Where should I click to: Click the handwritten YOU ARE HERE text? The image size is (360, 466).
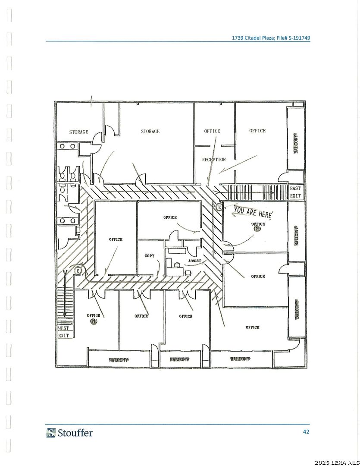(x=253, y=212)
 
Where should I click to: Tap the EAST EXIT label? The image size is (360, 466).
(x=295, y=192)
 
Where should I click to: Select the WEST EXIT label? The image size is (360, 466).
(x=63, y=332)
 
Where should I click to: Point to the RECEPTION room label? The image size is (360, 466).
(x=214, y=160)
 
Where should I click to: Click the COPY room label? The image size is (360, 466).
(x=150, y=256)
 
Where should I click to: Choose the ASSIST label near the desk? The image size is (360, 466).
(x=194, y=261)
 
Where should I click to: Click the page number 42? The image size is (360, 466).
(x=306, y=431)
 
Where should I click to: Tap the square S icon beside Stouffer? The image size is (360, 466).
(x=51, y=432)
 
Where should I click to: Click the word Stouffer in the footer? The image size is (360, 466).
(x=75, y=432)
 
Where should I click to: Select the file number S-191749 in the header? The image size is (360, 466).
(x=295, y=38)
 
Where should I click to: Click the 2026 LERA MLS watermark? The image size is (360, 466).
(x=336, y=463)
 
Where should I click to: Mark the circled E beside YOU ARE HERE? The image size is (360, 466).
(x=219, y=208)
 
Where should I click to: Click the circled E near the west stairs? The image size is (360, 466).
(x=78, y=270)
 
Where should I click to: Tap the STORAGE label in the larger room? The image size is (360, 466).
(x=150, y=131)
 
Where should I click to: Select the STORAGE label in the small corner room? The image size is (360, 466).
(x=78, y=132)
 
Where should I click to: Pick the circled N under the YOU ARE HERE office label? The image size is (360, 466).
(x=257, y=229)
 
